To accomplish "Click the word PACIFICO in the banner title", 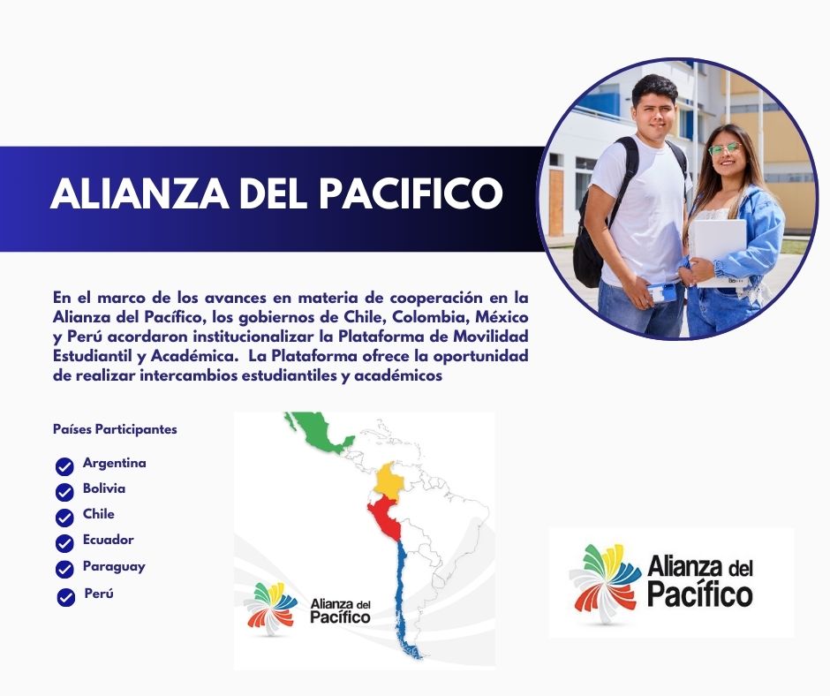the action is tap(411, 193).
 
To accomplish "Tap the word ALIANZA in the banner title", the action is tap(140, 193).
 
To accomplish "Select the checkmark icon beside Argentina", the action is tap(64, 466).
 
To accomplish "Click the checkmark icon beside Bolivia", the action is tap(64, 492).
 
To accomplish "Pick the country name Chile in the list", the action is tap(99, 514).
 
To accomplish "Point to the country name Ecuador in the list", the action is tap(108, 540).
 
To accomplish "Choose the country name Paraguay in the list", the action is tap(114, 567).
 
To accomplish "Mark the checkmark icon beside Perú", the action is tap(65, 597).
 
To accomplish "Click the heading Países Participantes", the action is tap(115, 429).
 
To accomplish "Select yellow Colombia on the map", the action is tap(389, 480).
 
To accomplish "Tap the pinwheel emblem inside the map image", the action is tap(270, 608).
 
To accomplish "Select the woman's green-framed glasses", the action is tap(725, 149).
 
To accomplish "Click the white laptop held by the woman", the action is tap(720, 253).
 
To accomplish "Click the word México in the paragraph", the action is tap(502, 317).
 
